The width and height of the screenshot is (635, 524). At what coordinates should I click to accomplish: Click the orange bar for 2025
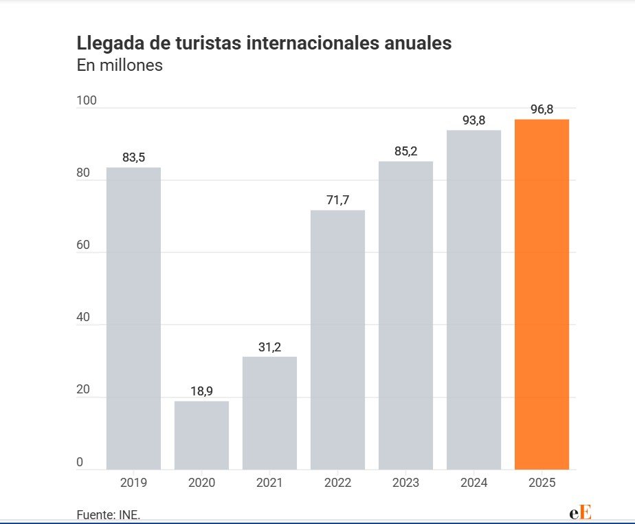click(542, 294)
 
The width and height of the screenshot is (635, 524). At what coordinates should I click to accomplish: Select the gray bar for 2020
click(201, 435)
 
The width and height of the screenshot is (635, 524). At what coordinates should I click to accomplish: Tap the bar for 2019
click(133, 318)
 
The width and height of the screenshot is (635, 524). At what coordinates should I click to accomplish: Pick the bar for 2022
click(337, 340)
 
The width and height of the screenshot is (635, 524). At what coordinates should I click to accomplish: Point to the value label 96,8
click(542, 109)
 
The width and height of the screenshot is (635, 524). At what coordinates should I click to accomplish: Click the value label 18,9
click(201, 391)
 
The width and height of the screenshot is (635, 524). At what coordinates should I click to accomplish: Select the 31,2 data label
click(269, 347)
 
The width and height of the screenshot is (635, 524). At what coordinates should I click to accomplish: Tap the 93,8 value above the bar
click(474, 120)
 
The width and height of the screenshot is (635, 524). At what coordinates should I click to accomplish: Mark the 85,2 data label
click(405, 151)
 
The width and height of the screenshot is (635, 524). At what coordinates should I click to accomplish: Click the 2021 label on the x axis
click(269, 483)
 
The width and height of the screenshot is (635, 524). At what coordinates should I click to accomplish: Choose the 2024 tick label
click(474, 483)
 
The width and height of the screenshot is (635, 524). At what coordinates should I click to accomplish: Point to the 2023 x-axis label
click(405, 483)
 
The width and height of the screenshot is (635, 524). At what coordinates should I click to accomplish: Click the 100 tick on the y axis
click(87, 101)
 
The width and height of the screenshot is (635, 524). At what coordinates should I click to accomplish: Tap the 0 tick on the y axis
click(80, 462)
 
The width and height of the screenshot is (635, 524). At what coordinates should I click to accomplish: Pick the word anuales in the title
click(412, 43)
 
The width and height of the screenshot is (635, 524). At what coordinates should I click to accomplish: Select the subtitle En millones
click(120, 67)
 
